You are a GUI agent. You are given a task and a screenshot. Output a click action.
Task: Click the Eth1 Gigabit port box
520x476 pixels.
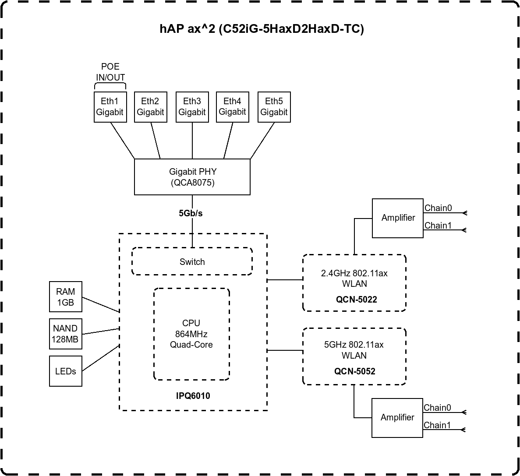110,107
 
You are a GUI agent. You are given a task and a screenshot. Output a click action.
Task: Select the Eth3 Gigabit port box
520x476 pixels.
192,107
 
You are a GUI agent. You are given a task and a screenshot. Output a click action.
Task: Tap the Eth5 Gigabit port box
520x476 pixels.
274,107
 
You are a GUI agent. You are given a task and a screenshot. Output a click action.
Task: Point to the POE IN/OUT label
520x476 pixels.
110,72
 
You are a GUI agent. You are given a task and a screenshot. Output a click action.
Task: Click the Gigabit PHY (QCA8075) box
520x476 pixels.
192,176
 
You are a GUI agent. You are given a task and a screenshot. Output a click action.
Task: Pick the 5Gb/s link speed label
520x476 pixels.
191,213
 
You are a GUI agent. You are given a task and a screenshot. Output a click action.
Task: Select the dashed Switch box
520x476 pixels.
192,261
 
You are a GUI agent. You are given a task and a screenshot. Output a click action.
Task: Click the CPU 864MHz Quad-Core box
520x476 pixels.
191,334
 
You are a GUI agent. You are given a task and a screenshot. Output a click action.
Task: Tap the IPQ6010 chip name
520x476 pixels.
193,396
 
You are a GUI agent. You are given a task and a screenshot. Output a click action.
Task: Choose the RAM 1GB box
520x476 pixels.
66,296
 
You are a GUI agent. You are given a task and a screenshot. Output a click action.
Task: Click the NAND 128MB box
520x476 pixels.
66,334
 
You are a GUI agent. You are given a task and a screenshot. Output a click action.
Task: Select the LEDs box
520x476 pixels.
66,371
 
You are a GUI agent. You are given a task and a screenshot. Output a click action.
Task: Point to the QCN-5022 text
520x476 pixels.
357,300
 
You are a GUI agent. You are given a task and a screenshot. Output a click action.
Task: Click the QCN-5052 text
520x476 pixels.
355,371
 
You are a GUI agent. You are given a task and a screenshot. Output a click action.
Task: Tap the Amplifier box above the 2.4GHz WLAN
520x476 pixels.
398,218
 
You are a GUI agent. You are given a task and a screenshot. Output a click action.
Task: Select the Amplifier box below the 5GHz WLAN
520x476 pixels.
397,418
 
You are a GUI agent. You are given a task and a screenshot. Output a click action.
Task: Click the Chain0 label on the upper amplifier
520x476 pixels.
438,208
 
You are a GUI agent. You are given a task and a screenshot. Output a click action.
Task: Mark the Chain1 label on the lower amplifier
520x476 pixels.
437,425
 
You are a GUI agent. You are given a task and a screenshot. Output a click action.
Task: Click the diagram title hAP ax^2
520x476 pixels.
262,29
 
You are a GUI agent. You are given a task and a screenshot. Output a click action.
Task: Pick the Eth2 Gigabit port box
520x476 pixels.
151,107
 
